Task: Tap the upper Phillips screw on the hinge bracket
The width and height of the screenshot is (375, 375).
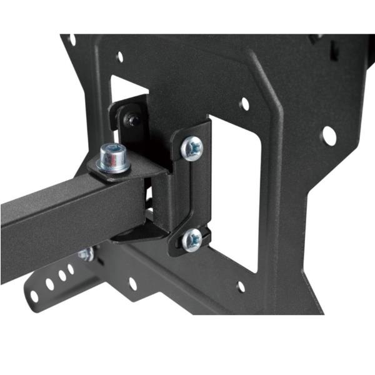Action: click(x=192, y=148)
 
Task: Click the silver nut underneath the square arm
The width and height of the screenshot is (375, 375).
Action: click(x=86, y=254)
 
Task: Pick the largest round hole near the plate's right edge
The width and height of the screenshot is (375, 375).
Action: click(x=329, y=136)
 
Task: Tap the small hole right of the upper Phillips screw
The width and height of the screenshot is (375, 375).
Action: click(x=244, y=103)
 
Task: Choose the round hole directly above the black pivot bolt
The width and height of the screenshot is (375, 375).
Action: click(x=119, y=57)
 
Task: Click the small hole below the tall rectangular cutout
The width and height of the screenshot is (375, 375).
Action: click(x=241, y=287)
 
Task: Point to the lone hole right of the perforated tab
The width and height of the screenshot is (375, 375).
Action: click(x=132, y=283)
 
